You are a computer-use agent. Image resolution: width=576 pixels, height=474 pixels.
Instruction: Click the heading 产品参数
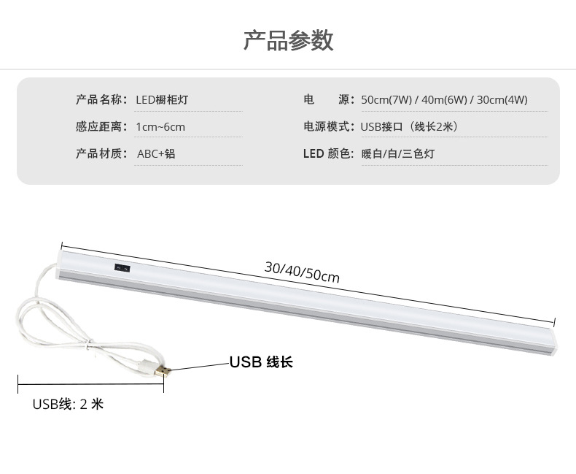(x=288, y=40)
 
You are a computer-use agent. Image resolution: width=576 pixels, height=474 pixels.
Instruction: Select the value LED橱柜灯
(x=162, y=99)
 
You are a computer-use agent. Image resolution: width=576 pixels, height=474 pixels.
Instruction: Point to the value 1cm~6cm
(x=160, y=126)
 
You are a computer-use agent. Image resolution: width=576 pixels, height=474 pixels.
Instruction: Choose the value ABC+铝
(x=156, y=153)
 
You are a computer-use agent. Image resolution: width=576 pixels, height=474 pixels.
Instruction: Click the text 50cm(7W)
(x=386, y=99)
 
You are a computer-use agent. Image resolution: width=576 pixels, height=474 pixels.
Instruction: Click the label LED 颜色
(x=328, y=153)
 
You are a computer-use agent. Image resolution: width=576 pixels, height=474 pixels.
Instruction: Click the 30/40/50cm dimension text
(x=302, y=272)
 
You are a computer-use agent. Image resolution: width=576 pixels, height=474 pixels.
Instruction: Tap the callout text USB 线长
(x=261, y=362)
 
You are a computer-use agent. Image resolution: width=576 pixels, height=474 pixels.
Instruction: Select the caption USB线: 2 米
(x=68, y=404)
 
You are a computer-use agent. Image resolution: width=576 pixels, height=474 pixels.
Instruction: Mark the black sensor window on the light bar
(x=121, y=268)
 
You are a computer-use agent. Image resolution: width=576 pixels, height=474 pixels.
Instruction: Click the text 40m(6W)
(x=444, y=99)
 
